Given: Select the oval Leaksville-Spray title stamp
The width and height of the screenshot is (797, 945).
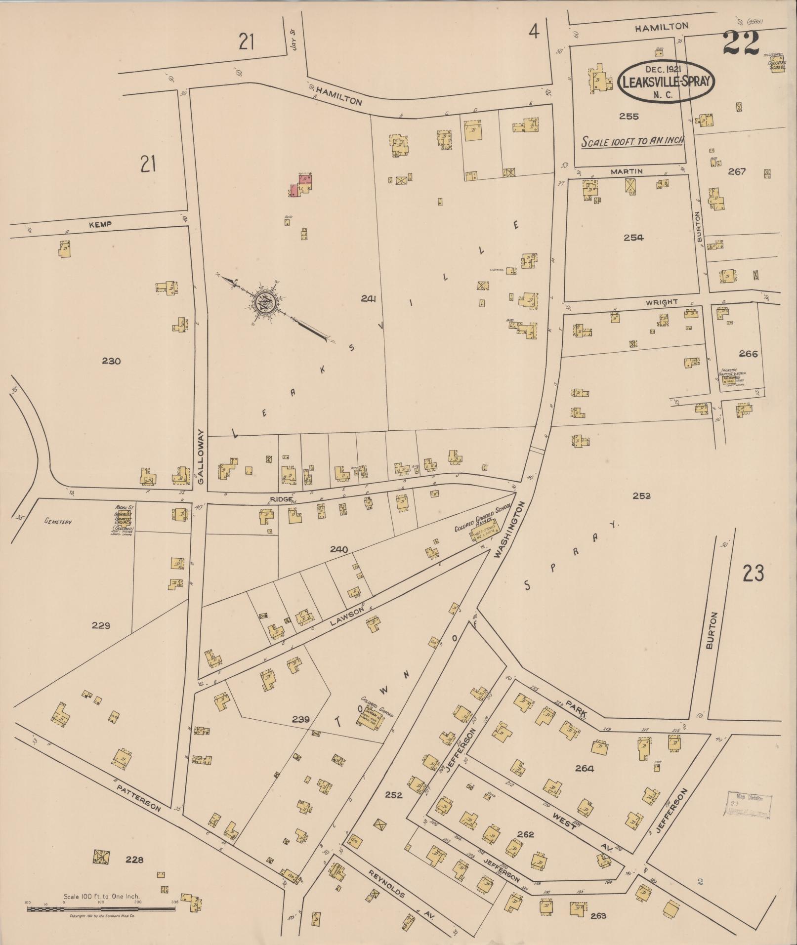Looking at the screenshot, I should (666, 82).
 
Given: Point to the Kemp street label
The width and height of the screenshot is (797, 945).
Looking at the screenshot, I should (100, 224).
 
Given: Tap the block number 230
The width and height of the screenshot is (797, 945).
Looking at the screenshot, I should (111, 361).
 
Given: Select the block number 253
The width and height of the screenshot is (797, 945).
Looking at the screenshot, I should (642, 496).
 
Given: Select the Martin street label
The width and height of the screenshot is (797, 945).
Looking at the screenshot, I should (626, 171).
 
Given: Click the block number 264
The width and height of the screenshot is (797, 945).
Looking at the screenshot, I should (585, 768).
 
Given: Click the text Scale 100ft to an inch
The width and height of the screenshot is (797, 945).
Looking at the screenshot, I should (632, 141).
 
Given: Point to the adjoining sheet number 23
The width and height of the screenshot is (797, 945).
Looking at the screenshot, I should (753, 574).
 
